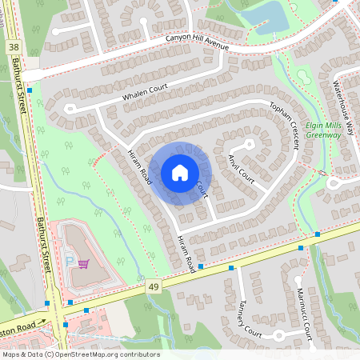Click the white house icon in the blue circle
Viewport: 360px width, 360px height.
tap(180, 173)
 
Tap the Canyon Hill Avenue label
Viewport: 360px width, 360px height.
tap(198, 42)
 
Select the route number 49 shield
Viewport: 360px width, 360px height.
tap(152, 286)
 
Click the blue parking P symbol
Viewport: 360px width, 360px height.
tap(69, 262)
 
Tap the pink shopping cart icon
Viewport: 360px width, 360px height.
tap(83, 262)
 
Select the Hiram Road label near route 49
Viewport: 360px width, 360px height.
tap(186, 253)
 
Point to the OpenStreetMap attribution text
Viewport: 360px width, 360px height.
tap(80, 354)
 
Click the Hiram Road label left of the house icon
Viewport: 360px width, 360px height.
tap(139, 167)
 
